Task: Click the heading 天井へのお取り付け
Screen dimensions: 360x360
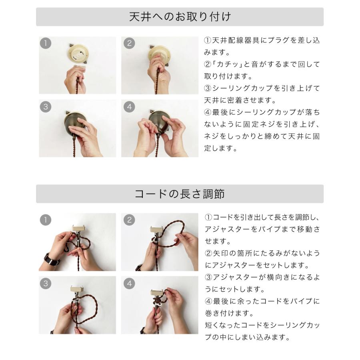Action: pos(180,17)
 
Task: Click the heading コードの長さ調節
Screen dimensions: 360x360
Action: pos(180,194)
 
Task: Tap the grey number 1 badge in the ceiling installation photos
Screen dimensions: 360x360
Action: pos(46,43)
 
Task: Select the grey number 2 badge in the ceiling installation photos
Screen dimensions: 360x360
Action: pos(129,43)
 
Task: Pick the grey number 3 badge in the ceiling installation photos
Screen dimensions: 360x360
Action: pos(46,107)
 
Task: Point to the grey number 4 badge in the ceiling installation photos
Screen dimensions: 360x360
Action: pos(129,107)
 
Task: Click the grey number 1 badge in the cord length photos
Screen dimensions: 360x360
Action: pos(46,220)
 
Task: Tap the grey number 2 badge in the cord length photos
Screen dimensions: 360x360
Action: pos(129,220)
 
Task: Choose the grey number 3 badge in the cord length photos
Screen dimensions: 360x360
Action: pos(46,283)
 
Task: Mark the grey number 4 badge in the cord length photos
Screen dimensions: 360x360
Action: pos(129,283)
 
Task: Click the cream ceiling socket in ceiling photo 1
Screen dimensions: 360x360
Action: pos(78,54)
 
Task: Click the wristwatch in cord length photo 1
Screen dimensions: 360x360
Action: pos(52,260)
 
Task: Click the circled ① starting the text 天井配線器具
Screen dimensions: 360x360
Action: pos(208,40)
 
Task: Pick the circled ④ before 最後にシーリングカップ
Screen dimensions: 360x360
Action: pos(208,112)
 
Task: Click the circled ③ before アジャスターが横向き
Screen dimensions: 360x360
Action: pos(208,277)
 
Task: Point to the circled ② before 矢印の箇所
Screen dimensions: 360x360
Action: pos(208,253)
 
